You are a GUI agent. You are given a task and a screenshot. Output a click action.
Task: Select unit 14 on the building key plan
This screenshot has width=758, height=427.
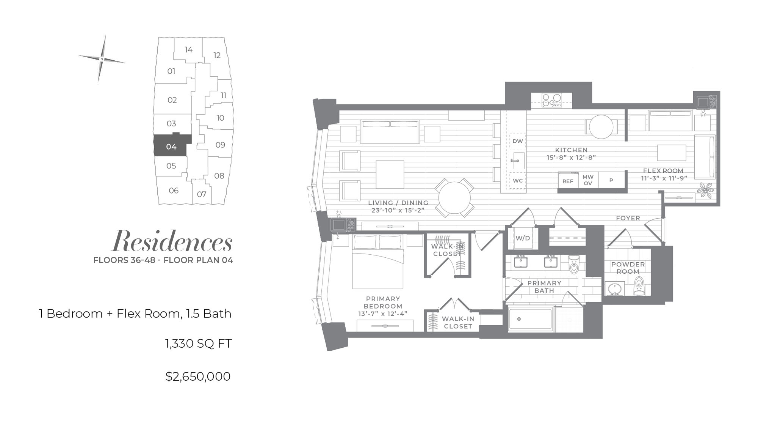click(x=188, y=50)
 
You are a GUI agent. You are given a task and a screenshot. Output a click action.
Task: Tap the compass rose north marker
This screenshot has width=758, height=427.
click(x=102, y=59)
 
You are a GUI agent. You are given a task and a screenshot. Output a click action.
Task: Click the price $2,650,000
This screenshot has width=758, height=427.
click(x=198, y=377)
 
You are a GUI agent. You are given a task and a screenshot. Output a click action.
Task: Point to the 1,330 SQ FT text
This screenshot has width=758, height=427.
click(x=198, y=343)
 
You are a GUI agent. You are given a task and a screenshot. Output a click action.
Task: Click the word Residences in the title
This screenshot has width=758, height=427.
click(x=172, y=241)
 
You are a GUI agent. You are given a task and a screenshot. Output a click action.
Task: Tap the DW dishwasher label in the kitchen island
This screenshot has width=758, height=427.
click(x=517, y=141)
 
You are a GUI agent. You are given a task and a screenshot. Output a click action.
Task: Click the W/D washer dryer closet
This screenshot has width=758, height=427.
click(x=523, y=238)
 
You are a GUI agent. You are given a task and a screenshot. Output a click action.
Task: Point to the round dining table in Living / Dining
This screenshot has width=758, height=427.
click(x=454, y=197)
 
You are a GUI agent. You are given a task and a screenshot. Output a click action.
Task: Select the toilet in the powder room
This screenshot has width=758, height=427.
click(x=639, y=286)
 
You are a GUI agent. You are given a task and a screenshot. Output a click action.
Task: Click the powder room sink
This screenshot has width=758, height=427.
click(x=614, y=288)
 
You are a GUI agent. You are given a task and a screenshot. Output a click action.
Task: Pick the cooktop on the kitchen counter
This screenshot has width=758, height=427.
click(x=551, y=100)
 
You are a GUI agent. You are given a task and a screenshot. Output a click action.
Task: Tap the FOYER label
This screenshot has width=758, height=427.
click(x=628, y=218)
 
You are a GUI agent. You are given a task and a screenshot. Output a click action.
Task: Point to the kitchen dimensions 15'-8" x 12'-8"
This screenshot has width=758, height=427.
click(x=571, y=158)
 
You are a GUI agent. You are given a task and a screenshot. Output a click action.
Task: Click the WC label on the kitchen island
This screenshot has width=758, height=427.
click(x=517, y=181)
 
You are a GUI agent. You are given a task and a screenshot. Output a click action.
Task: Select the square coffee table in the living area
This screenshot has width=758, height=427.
click(x=390, y=175)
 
